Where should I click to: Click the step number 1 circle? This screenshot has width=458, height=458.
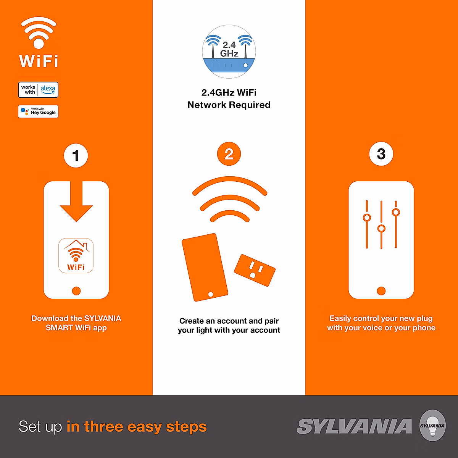(76, 155)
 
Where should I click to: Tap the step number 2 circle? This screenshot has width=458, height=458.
(229, 154)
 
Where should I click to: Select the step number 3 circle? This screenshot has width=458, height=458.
(381, 154)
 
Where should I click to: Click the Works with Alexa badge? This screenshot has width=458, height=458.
(38, 90)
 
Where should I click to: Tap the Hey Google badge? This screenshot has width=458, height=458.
(38, 111)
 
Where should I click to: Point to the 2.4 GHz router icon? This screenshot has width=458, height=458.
(229, 52)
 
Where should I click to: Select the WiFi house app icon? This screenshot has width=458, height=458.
(76, 256)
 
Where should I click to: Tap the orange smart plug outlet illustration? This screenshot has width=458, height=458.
(255, 270)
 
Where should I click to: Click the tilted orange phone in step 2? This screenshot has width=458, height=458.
(205, 267)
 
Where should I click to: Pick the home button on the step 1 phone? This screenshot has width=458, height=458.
(76, 291)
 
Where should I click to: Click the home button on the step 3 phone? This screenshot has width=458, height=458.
(381, 291)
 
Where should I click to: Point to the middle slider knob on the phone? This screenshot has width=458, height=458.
(381, 229)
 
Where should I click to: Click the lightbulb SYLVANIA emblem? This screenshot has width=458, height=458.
(432, 426)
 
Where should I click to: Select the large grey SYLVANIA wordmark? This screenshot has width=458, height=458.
(354, 426)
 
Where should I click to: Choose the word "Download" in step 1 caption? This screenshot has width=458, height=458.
(49, 318)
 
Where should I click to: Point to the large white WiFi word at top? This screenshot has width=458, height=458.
(39, 61)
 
